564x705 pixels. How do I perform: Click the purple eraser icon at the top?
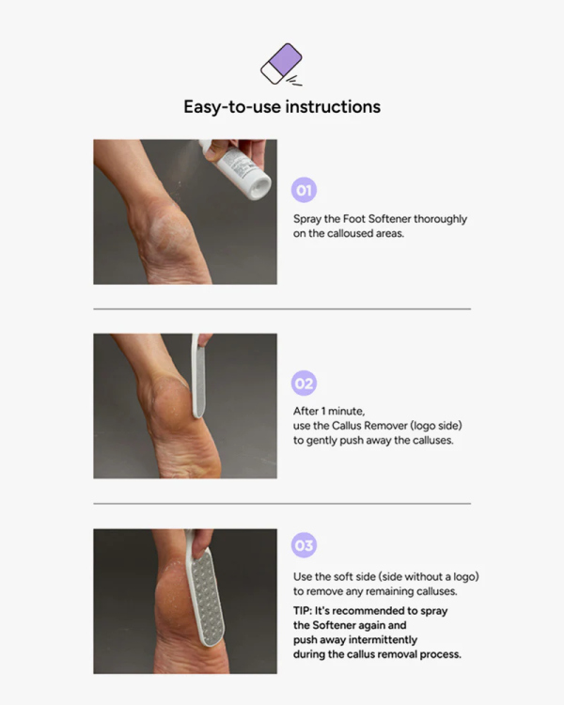click(x=282, y=63)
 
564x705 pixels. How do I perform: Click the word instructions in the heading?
click(x=333, y=106)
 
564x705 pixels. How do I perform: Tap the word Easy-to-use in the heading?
click(x=232, y=107)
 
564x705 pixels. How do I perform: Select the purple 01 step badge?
click(x=304, y=190)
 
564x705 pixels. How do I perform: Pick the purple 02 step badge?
click(x=304, y=384)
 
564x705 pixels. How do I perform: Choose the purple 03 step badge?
click(x=304, y=545)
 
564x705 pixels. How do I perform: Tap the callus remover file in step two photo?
click(x=198, y=376)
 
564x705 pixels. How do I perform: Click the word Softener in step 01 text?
click(x=389, y=218)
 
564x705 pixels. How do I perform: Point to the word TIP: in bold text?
click(x=303, y=611)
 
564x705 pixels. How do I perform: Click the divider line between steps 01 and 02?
click(x=282, y=309)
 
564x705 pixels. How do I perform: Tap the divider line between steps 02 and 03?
click(x=282, y=504)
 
